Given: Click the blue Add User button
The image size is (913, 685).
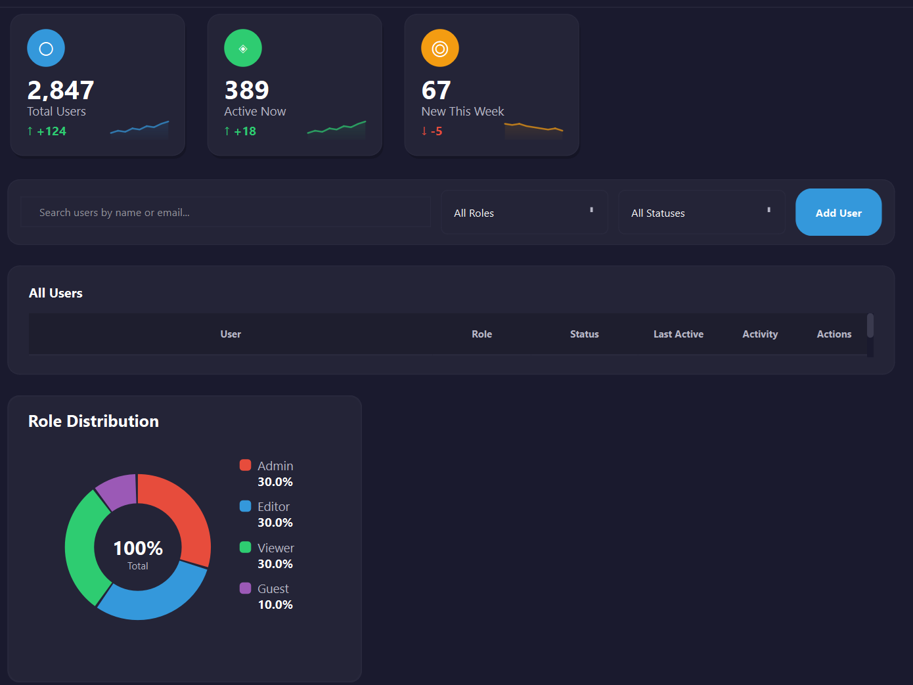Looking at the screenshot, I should click(838, 212).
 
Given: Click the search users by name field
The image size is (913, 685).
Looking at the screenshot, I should click(225, 212).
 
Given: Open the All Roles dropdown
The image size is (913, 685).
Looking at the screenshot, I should click(524, 213).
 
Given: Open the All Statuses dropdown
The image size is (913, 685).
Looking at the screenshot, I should click(701, 213).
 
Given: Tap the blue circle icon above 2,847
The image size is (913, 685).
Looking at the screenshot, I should click(46, 49).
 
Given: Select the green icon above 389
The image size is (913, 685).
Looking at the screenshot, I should click(243, 49).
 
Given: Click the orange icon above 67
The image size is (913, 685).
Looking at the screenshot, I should click(440, 49).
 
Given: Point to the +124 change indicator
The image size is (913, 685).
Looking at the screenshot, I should click(47, 131).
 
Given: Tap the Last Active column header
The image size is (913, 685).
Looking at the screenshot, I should click(678, 334).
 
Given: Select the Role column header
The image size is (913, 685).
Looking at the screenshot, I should click(481, 334).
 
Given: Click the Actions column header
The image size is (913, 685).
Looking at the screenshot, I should click(834, 334).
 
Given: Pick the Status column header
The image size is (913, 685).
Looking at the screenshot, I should click(584, 334).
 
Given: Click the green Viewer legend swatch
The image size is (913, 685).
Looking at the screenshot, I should click(246, 547).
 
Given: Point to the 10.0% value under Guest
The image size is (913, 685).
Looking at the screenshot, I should click(275, 605).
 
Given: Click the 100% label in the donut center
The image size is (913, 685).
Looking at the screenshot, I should click(138, 548).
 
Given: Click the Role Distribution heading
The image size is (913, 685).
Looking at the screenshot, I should click(93, 421).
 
